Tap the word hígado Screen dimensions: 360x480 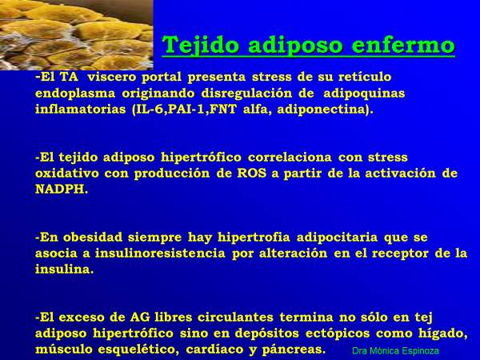coord(443,334)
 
